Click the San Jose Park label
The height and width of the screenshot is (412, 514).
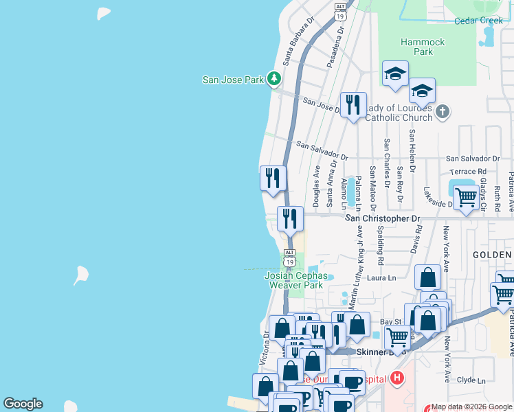[233, 80]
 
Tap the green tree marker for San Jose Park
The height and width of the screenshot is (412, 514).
[274, 79]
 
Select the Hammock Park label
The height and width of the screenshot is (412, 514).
[423, 47]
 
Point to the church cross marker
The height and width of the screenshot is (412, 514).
[443, 111]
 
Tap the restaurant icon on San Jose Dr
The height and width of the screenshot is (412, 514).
[353, 104]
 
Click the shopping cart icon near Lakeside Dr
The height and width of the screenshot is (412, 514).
[467, 197]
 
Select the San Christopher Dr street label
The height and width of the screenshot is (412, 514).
[382, 218]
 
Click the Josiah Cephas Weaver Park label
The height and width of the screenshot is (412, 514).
[294, 280]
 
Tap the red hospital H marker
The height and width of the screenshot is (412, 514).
[396, 378]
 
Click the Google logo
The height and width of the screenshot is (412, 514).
[23, 404]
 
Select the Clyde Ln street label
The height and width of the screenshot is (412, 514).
[471, 380]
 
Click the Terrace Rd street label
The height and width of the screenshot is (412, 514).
[467, 171]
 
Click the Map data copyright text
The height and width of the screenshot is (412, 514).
[472, 407]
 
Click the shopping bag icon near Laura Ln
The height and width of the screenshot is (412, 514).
[427, 277]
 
